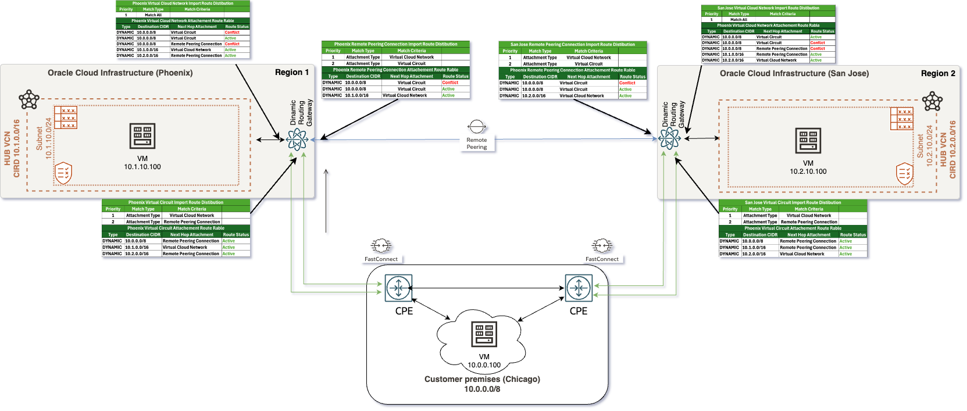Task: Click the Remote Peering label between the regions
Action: point(477,144)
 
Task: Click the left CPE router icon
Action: point(398,288)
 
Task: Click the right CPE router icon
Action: point(579,288)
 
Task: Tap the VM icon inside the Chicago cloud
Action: point(484,335)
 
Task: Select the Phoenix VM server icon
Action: point(142,136)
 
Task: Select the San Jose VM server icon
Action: point(808,141)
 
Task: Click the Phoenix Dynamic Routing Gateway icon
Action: point(297,140)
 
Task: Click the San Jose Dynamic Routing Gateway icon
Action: point(669,139)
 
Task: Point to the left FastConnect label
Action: point(381,259)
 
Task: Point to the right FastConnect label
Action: point(602,259)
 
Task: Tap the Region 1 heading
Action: point(292,73)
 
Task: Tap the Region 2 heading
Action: point(938,73)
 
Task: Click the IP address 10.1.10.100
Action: point(142,167)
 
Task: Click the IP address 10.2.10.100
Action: point(808,171)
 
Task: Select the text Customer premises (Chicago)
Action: point(482,379)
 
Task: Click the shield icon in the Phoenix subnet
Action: point(63,173)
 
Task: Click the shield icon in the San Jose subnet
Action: point(905,174)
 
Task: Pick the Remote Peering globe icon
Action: point(477,127)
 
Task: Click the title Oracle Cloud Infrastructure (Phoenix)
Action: point(120,73)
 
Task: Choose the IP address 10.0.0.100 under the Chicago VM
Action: point(484,365)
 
